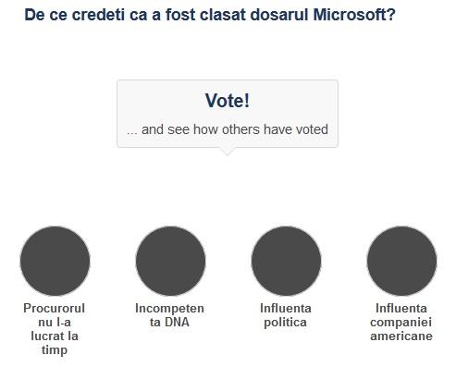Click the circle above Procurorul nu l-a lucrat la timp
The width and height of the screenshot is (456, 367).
pos(55,260)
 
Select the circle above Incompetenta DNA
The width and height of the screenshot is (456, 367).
pos(170,260)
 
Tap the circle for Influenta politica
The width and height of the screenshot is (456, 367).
pos(286,260)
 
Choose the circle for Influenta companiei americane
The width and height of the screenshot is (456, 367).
pos(401,260)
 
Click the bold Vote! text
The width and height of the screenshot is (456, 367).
pos(228,101)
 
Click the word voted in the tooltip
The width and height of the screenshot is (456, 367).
pos(309,129)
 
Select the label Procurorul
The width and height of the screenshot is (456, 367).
pos(55,308)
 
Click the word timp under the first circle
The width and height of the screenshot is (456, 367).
pos(55,350)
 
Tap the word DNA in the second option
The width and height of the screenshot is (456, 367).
pos(180,322)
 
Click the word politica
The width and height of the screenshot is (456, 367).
pos(286,322)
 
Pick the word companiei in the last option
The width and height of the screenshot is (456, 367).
pos(401,322)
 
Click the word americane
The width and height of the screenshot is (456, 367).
pos(401,336)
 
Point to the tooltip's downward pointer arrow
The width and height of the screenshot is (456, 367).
pos(228,152)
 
